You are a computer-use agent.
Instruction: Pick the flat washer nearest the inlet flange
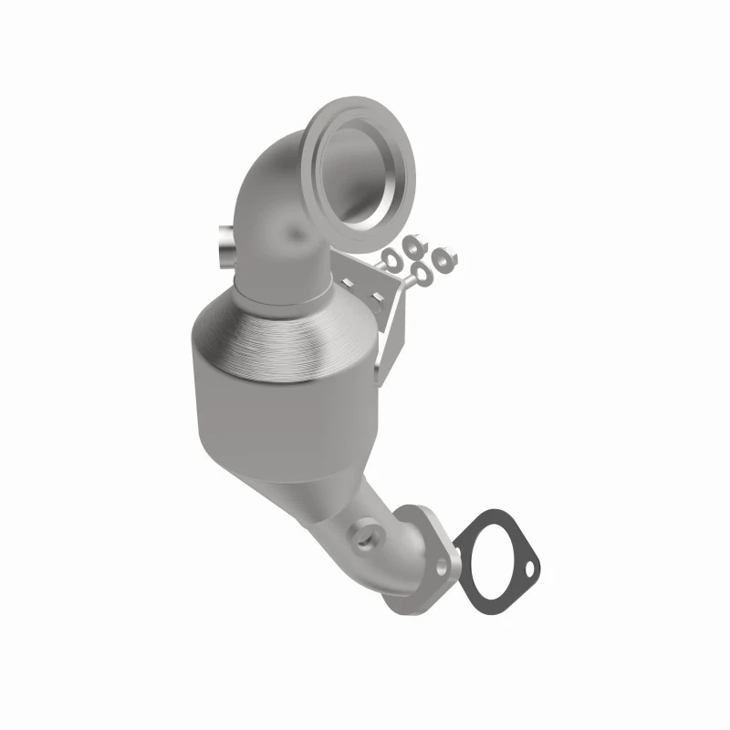tap(390, 259)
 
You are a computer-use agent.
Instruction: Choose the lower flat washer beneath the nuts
tap(422, 273)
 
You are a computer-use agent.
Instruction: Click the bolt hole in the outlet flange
tap(443, 568)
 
